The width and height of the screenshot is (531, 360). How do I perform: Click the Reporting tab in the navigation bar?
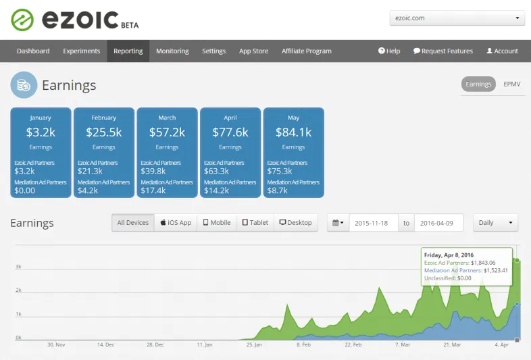pos(128,51)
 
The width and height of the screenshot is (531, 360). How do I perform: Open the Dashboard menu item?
pos(33,51)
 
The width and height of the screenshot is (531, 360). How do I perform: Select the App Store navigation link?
pos(253,51)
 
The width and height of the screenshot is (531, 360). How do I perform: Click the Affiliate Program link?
pos(306,51)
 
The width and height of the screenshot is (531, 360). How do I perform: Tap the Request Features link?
pos(443,51)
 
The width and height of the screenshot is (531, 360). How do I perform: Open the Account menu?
pos(502,51)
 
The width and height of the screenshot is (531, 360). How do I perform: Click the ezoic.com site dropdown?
pos(457,18)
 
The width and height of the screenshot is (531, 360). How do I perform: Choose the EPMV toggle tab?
pos(511,84)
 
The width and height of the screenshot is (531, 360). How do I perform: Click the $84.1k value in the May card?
pos(293,132)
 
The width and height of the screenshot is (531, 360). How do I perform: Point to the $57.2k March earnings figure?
pos(167,132)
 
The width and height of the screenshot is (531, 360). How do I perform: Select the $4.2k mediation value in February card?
pos(88,190)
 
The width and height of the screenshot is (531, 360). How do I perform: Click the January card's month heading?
pos(41,118)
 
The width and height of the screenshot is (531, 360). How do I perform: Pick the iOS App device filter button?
pos(176,222)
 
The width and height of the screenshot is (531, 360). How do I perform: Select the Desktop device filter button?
pos(295,222)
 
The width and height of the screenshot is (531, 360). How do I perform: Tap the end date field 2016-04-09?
pos(438,223)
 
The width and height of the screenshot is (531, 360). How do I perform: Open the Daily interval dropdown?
pos(495,222)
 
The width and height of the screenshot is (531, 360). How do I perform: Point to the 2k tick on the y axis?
pos(18,290)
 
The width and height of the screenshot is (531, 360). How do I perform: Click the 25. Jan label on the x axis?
pos(253,344)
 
